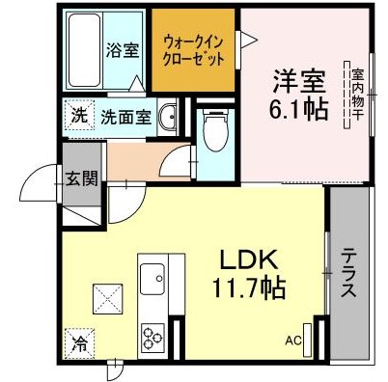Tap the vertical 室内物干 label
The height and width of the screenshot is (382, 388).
coord(356,92)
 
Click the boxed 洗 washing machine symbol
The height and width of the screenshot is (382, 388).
coord(78,115)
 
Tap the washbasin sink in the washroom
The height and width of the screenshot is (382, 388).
coord(169,117)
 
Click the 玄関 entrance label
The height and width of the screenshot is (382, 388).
coord(80,178)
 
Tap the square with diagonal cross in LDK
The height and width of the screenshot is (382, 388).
coord(105,298)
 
